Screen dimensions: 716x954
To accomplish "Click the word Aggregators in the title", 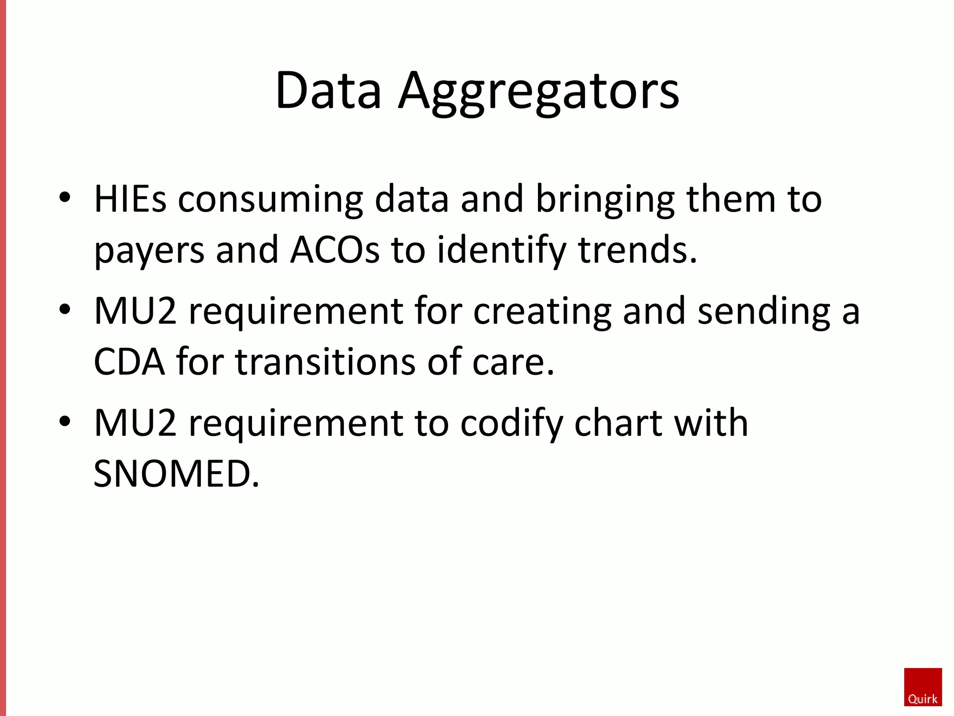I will point(538,91).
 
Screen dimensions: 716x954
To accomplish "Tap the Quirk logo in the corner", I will point(923,687).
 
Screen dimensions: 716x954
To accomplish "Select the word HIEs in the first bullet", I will point(130,199).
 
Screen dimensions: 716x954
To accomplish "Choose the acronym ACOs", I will point(335,250).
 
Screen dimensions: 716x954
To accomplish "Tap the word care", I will point(513,363).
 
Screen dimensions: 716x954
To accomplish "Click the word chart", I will point(618,423).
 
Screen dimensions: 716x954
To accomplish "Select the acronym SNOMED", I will point(176,474).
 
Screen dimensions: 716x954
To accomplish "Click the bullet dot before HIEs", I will point(65,197).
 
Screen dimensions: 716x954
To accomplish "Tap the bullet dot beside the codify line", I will point(65,421).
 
